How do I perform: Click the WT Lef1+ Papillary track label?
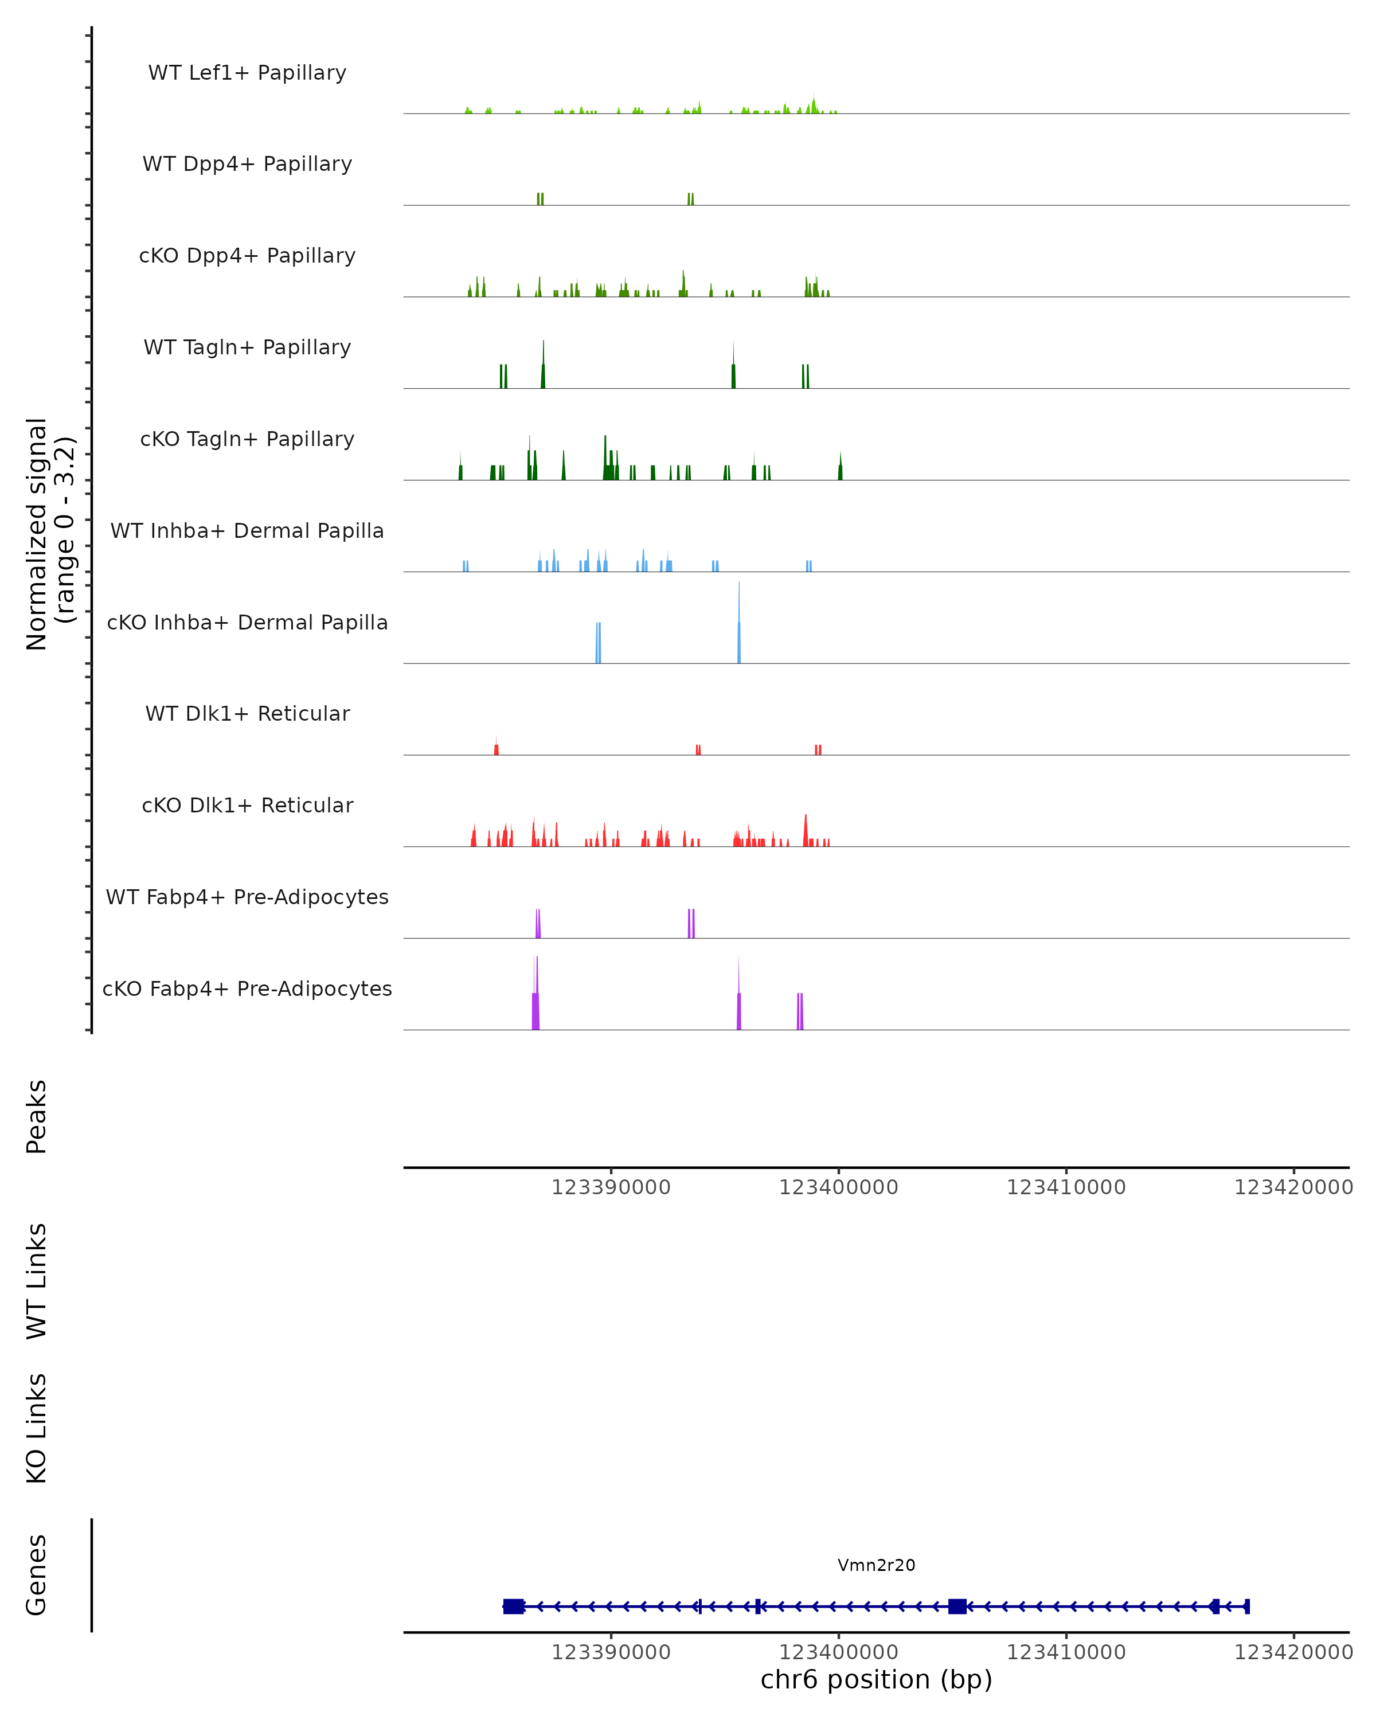(247, 73)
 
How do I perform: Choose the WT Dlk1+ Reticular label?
(247, 713)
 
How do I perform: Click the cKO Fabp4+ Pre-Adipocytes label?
(247, 988)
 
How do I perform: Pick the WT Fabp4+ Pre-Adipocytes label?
(247, 897)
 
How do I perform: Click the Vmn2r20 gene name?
(876, 1565)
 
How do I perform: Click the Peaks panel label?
(37, 1116)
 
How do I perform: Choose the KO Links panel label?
(37, 1428)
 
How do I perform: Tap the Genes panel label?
(37, 1575)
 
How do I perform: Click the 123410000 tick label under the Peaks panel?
(1066, 1187)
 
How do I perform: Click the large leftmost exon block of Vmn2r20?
(514, 1606)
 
